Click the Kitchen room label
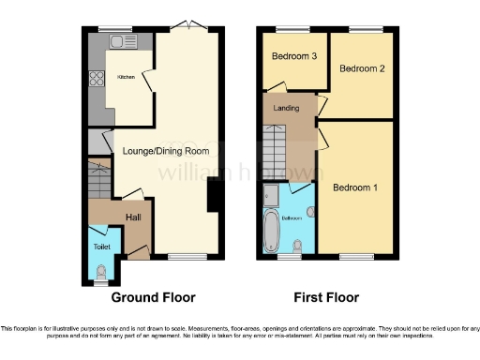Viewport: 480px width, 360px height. (x=126, y=77)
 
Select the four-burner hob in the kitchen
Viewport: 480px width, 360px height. (x=95, y=80)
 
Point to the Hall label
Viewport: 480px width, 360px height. (x=134, y=217)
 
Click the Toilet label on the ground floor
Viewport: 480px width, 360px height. (x=100, y=247)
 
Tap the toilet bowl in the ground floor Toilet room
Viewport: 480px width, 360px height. (x=101, y=271)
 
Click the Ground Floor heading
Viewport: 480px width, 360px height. (x=154, y=298)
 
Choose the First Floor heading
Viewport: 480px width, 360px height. (x=326, y=298)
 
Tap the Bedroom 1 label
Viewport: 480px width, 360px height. (x=355, y=187)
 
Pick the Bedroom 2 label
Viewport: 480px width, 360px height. (x=363, y=68)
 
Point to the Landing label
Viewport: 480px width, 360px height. (x=286, y=108)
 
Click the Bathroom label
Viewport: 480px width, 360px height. (x=293, y=218)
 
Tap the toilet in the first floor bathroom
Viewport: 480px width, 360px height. (x=297, y=247)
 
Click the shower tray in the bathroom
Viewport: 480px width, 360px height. (x=270, y=196)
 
